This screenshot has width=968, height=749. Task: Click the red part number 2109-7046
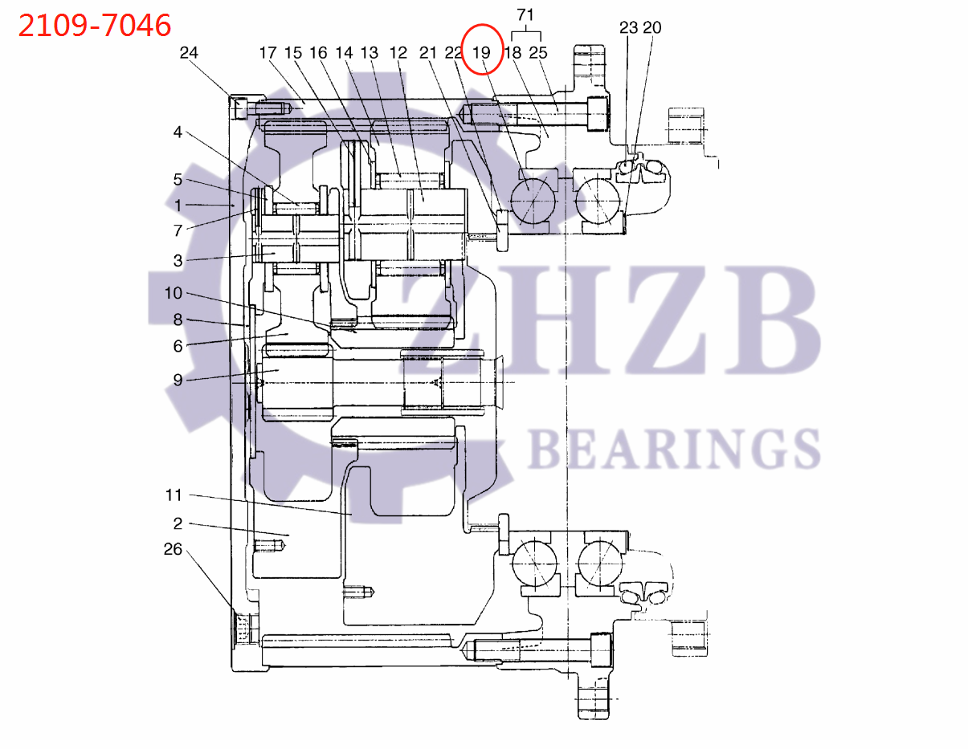tap(95, 26)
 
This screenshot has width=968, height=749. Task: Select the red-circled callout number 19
tap(481, 53)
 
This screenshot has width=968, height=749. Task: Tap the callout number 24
tap(188, 53)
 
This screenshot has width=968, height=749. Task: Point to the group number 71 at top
tap(525, 14)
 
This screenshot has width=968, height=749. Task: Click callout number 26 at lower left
tap(174, 550)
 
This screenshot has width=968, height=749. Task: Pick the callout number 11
tap(174, 495)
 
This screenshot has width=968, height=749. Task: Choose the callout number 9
tap(178, 380)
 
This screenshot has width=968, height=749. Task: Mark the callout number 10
tap(174, 293)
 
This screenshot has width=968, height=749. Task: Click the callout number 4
tap(178, 132)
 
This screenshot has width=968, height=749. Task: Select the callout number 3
tap(178, 260)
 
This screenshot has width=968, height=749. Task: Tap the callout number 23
tap(628, 28)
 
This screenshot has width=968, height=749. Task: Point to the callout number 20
tap(651, 28)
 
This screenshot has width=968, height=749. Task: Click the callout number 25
tap(537, 53)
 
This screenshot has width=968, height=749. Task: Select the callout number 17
tap(268, 53)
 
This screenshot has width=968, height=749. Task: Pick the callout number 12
tap(398, 53)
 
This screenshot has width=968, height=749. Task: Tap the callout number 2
tap(178, 523)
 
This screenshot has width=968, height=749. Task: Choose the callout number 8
tap(178, 320)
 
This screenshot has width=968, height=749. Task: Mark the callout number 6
tap(178, 346)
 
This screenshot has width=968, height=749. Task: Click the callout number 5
tap(178, 179)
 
